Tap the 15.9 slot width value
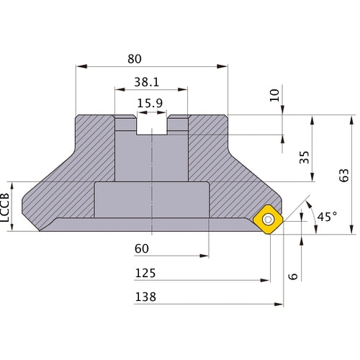click(x=150, y=104)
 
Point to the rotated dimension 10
click(x=274, y=95)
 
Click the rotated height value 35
click(x=304, y=158)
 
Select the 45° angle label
click(x=326, y=216)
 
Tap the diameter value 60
click(x=143, y=249)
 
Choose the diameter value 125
click(x=145, y=274)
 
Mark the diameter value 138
click(x=145, y=297)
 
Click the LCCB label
click(x=8, y=208)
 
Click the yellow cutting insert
click(x=269, y=219)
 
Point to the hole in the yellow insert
click(x=269, y=219)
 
